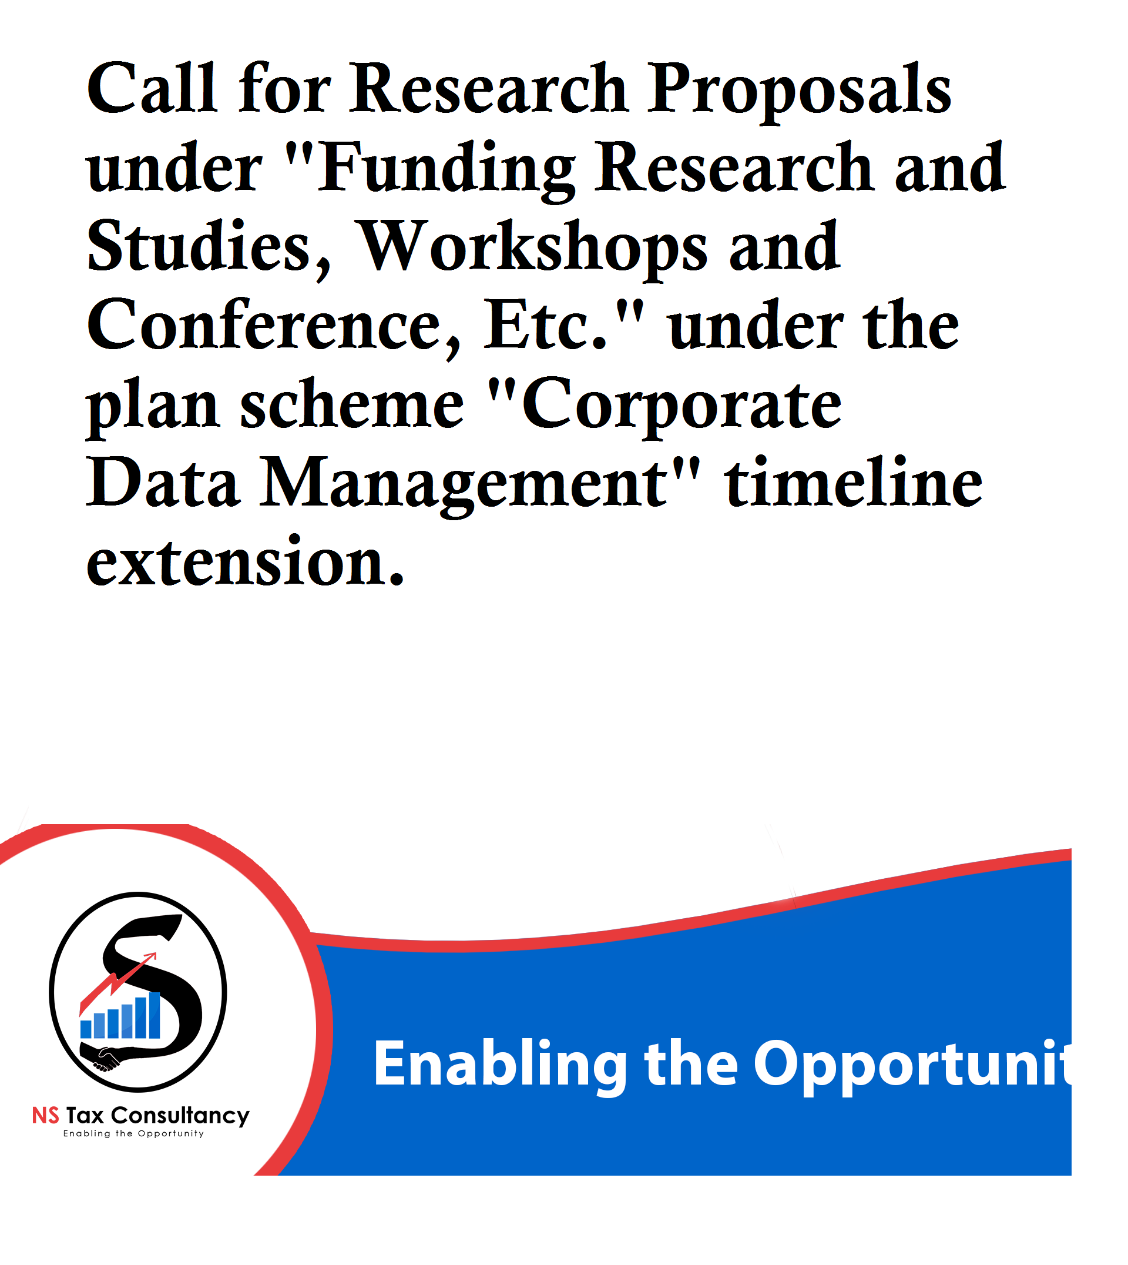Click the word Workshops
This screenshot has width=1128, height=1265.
click(533, 248)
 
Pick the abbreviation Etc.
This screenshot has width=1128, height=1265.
click(545, 325)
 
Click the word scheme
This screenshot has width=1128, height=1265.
click(352, 404)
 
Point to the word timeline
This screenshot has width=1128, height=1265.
click(854, 483)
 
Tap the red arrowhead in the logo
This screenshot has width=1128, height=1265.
click(150, 957)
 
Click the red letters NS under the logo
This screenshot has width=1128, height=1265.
click(46, 1116)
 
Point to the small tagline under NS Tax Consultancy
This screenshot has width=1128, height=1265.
click(133, 1133)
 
